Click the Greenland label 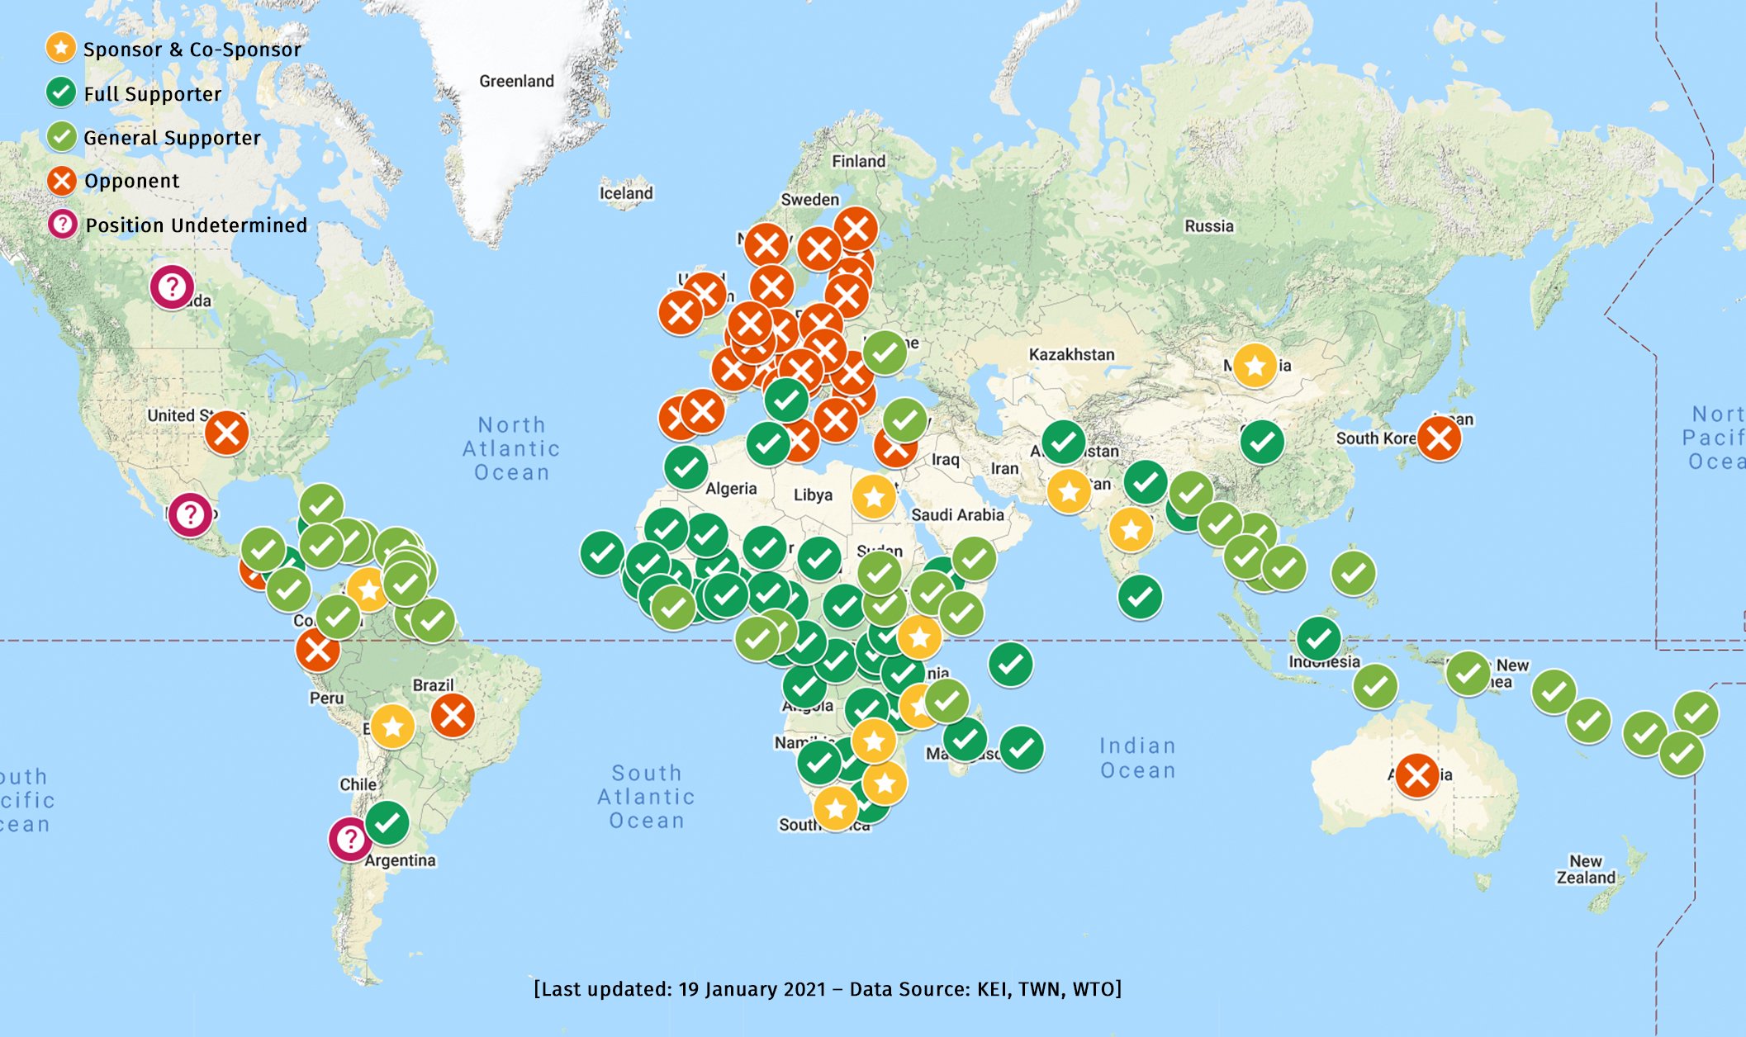[x=516, y=81]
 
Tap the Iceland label [x=626, y=193]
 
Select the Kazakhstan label [x=1071, y=354]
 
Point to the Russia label [x=1208, y=226]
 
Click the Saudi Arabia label [x=957, y=515]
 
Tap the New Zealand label [x=1586, y=869]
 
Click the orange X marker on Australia [x=1417, y=775]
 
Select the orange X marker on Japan [x=1439, y=438]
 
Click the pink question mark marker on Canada [x=172, y=287]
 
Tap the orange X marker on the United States [x=227, y=433]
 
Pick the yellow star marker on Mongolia [x=1255, y=365]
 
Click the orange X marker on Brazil [x=453, y=715]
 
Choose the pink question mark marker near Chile [x=350, y=840]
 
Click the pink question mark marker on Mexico [x=190, y=515]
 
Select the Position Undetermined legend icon [x=62, y=225]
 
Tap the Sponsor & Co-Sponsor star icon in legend [x=60, y=49]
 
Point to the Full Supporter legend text [x=153, y=94]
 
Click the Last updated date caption [x=828, y=989]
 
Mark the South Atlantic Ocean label [x=646, y=797]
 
